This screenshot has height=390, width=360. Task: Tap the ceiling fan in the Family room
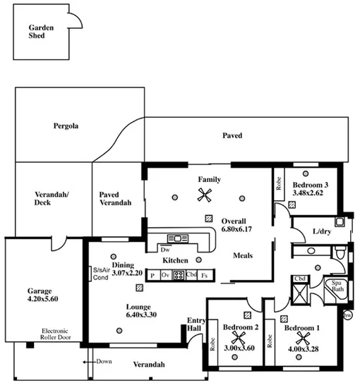coord(205,195)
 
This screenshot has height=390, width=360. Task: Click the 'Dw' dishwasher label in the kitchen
coord(165,249)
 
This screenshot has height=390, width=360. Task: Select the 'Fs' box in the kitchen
coord(205,275)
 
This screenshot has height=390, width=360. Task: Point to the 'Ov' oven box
coord(165,275)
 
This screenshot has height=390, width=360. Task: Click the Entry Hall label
coord(196,324)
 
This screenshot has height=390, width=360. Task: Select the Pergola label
coord(65,127)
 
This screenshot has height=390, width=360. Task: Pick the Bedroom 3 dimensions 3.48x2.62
coord(310,191)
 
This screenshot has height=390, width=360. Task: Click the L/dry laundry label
coord(321,231)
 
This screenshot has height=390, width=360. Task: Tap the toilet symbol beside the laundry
coord(340,252)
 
